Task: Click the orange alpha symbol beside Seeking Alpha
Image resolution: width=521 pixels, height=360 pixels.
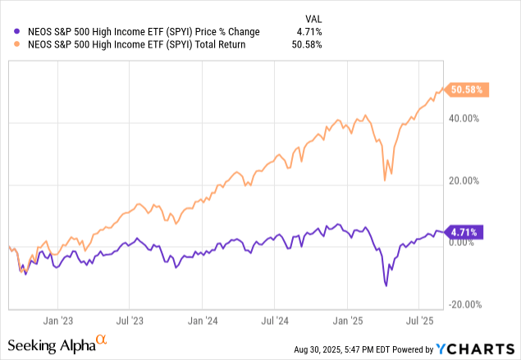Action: [x=102, y=339]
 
